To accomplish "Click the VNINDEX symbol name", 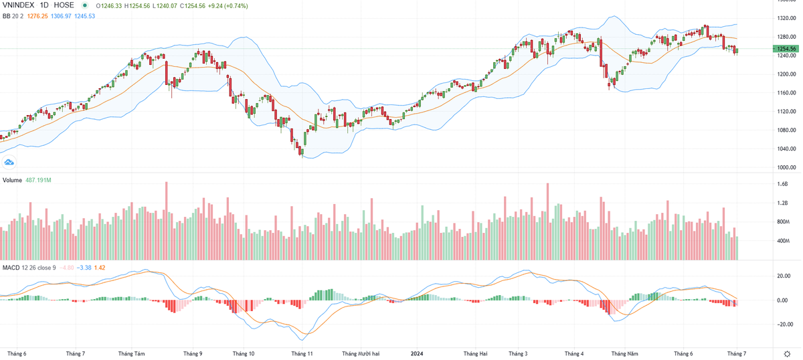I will tap(19, 5).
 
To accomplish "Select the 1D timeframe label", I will tap(47, 5).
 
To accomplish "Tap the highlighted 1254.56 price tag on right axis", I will tap(784, 49).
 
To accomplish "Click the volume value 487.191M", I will tap(38, 181).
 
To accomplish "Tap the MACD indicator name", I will tap(11, 268).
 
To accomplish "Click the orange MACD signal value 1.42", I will tap(100, 268).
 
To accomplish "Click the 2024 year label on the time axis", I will tap(416, 353).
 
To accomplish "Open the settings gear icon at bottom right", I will tap(786, 353).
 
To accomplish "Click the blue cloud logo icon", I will tap(9, 162).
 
